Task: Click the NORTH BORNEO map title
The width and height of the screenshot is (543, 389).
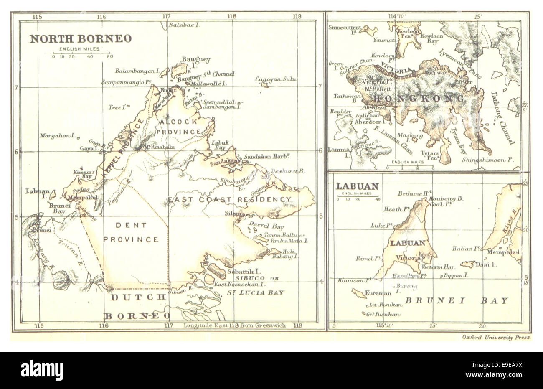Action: coord(80,39)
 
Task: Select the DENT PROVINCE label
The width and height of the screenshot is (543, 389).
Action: coord(131,232)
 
